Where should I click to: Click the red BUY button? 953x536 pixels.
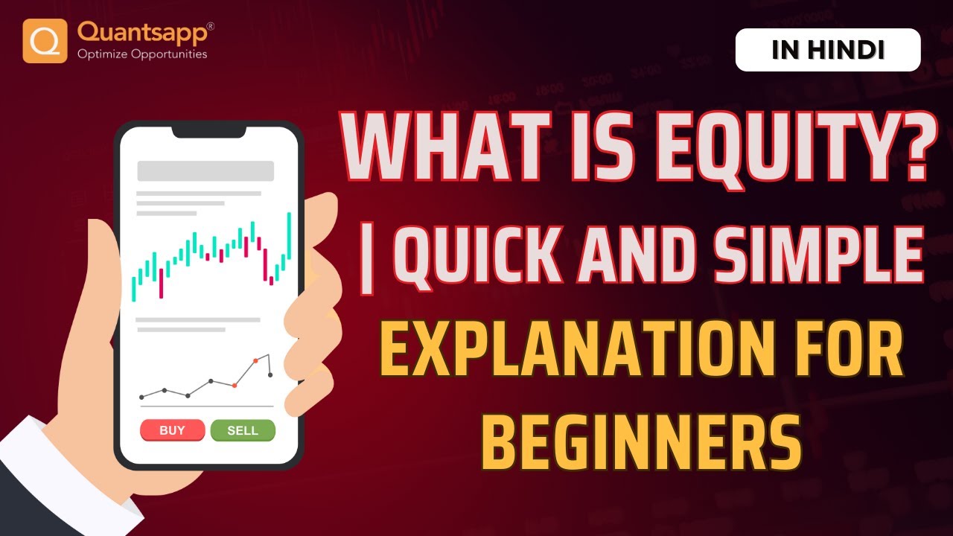pyautogui.click(x=172, y=430)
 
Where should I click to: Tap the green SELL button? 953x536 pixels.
pyautogui.click(x=243, y=430)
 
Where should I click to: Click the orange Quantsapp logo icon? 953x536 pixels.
pyautogui.click(x=45, y=41)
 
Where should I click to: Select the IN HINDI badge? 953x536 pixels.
pyautogui.click(x=828, y=50)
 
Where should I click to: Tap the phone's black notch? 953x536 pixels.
pyautogui.click(x=208, y=131)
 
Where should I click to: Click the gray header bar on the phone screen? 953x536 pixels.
pyautogui.click(x=205, y=170)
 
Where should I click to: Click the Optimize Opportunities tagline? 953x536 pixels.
pyautogui.click(x=142, y=54)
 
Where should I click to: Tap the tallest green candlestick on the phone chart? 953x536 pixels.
pyautogui.click(x=289, y=235)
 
